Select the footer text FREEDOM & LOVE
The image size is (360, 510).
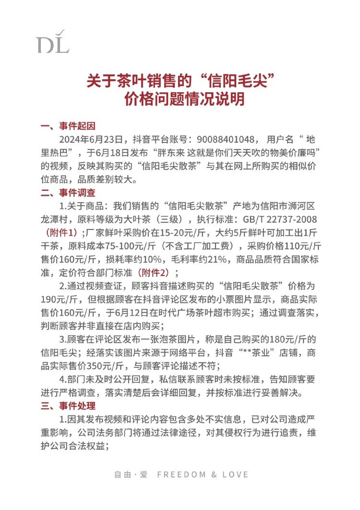click(203, 474)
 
